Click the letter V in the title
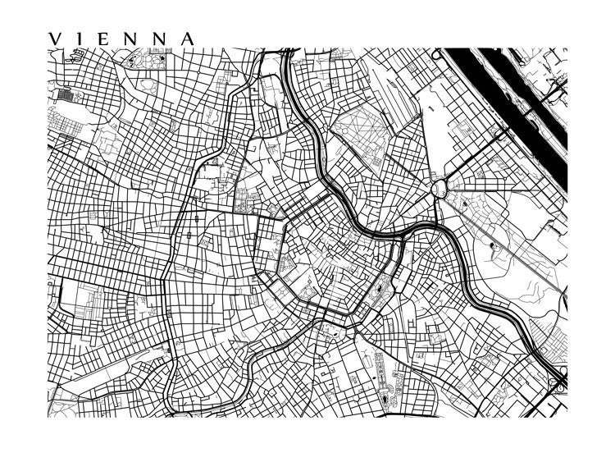tap(55, 39)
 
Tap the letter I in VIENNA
tap(80, 39)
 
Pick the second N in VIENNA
tap(160, 39)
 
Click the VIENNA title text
tap(121, 39)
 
